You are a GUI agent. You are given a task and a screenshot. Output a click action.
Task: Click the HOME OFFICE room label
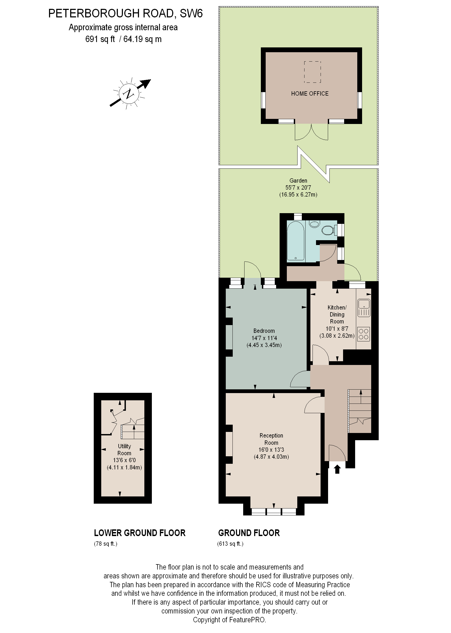coord(310,93)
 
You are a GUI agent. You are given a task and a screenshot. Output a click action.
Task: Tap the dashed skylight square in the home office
coord(313,72)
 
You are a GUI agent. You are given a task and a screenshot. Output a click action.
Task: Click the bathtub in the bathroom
coord(295,241)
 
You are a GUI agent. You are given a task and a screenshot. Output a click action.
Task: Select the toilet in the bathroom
coord(328,230)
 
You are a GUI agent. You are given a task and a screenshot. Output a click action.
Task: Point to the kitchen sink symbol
coord(363,308)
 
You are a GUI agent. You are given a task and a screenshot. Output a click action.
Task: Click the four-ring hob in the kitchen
coord(363,334)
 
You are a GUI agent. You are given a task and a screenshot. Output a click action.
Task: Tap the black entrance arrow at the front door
coord(337,469)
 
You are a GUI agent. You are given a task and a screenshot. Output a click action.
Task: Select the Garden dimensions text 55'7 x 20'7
coord(298,187)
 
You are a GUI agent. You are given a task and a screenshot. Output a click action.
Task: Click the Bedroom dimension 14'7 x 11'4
coord(264,338)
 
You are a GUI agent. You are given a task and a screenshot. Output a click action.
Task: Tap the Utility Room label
coord(124,450)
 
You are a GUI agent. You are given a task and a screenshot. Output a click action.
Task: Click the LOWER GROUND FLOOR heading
coord(140,533)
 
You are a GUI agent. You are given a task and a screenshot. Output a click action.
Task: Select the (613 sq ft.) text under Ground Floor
coord(230,544)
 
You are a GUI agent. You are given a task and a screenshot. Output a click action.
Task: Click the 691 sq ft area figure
coord(100,39)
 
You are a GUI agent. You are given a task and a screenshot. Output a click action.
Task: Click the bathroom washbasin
coord(314,224)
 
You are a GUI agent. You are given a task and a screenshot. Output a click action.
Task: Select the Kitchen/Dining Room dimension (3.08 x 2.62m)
coord(337,336)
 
